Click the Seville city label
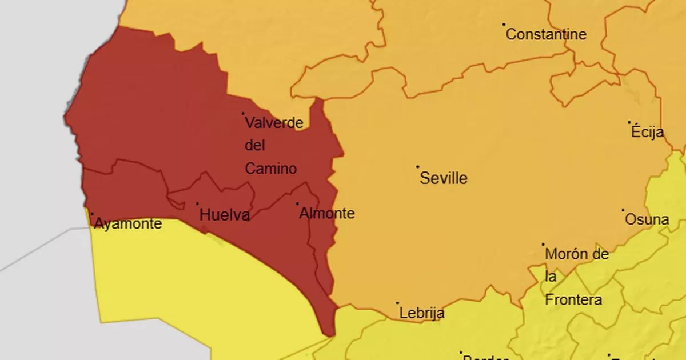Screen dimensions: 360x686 pyautogui.click(x=444, y=178)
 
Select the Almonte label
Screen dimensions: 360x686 pyautogui.click(x=327, y=214)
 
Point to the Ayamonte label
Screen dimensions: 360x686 pyautogui.click(x=127, y=224)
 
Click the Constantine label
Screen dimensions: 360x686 pyautogui.click(x=547, y=35)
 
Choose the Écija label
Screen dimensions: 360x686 pyautogui.click(x=648, y=133)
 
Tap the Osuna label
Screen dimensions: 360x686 pyautogui.click(x=647, y=219)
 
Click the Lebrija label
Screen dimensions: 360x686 pyautogui.click(x=422, y=313)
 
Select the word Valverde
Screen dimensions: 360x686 pyautogui.click(x=274, y=122)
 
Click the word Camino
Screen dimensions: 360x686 pyautogui.click(x=271, y=169)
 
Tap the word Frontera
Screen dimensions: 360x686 pyautogui.click(x=573, y=300)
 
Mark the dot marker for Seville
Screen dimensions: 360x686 pyautogui.click(x=418, y=167)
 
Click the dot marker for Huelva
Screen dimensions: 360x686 pyautogui.click(x=198, y=203)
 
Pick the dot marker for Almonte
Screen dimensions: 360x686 pyautogui.click(x=297, y=203)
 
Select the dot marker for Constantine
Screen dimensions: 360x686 pyautogui.click(x=504, y=25)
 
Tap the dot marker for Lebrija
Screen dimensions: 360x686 pyautogui.click(x=398, y=303)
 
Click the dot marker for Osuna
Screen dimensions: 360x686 pyautogui.click(x=623, y=210)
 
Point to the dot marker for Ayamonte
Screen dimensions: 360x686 pyautogui.click(x=92, y=214)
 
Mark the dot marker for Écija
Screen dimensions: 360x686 pyautogui.click(x=629, y=122)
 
